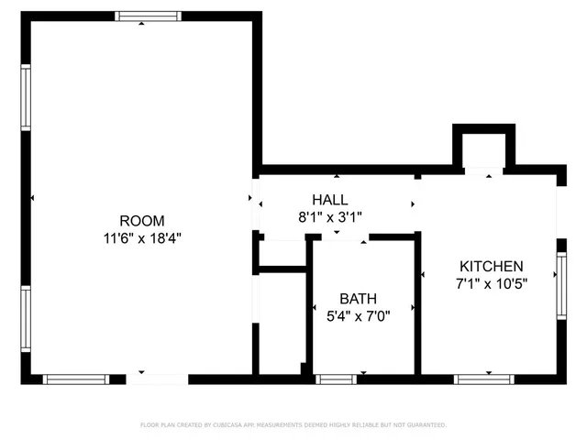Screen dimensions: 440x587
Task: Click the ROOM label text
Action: (142, 220)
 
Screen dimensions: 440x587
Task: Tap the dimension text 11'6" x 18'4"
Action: (142, 237)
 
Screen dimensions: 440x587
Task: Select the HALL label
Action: (330, 200)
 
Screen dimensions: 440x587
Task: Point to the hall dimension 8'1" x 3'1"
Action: (330, 217)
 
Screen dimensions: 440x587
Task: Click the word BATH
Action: (358, 299)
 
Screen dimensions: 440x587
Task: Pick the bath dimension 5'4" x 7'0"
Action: (358, 316)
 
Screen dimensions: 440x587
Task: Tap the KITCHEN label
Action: (492, 265)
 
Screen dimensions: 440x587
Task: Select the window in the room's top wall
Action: (141, 16)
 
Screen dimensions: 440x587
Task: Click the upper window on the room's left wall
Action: (27, 97)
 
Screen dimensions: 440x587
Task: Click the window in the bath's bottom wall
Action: (336, 379)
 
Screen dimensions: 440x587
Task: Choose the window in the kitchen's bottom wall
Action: (483, 379)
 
